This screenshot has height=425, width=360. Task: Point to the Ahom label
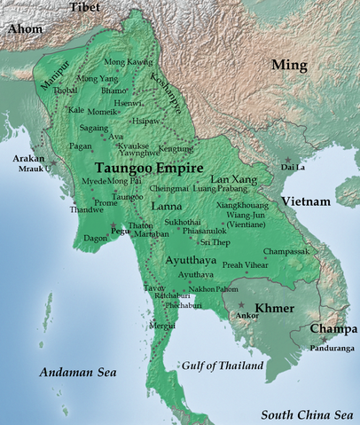pyautogui.click(x=24, y=30)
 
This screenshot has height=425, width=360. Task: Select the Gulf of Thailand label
pyautogui.click(x=223, y=366)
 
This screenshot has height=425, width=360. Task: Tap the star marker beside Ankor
pyautogui.click(x=241, y=304)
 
